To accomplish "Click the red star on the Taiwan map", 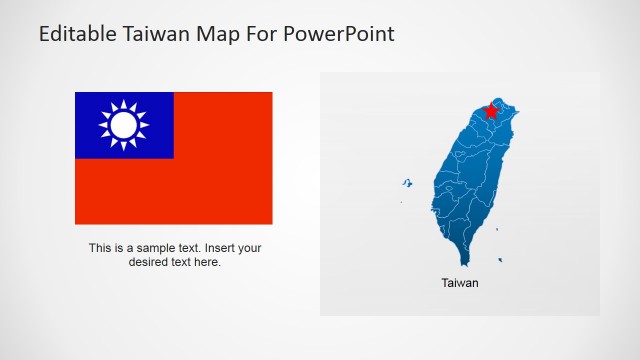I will (x=490, y=111).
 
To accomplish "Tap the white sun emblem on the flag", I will (x=123, y=125).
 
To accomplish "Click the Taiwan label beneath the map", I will (x=460, y=283).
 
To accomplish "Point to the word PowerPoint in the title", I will (x=341, y=34).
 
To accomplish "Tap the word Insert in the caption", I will (x=220, y=248).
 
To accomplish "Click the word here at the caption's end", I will (x=208, y=262).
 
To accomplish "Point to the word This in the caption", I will (x=101, y=248).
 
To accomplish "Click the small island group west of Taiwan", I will (x=407, y=183).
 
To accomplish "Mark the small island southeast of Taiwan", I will (x=500, y=261).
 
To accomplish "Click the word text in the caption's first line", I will (x=187, y=248).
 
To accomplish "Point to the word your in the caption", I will (x=251, y=248).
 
